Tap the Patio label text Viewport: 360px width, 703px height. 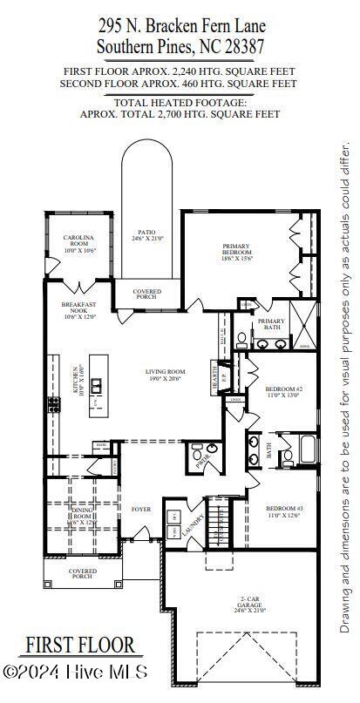tap(146, 234)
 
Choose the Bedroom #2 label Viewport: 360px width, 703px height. tap(284, 391)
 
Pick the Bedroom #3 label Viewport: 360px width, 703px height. tap(284, 511)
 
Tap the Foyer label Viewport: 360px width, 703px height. tap(141, 509)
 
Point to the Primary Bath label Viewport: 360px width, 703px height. tap(271, 325)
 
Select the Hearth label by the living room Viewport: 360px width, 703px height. tap(214, 375)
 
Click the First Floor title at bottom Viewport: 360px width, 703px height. tap(79, 645)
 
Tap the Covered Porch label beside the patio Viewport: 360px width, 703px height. tap(146, 294)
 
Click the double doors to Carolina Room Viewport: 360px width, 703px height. tap(78, 286)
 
